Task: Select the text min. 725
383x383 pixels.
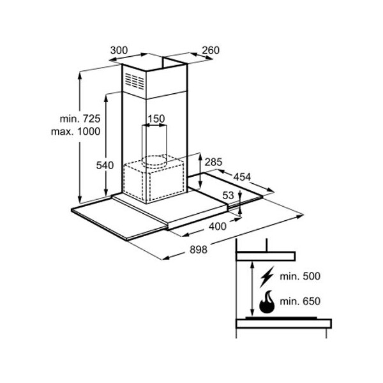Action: [80, 119]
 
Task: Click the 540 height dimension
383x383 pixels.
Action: [104, 165]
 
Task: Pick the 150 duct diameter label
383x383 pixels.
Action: [156, 118]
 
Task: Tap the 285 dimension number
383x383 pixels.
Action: [213, 162]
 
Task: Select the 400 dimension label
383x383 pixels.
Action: [217, 227]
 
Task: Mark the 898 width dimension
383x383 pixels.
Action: [198, 250]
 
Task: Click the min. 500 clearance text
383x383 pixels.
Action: [299, 276]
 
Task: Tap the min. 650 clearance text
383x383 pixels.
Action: [299, 301]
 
